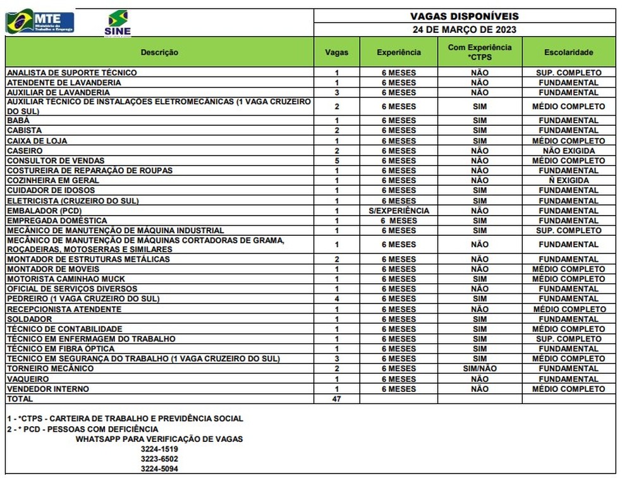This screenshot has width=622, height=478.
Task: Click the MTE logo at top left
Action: [39, 22]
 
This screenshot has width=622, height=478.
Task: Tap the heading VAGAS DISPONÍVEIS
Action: [465, 16]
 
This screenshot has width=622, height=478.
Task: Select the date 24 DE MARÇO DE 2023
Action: [465, 30]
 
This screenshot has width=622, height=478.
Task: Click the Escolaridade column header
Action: [568, 52]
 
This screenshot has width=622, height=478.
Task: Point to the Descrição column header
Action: [159, 52]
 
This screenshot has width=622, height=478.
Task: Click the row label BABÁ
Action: [19, 121]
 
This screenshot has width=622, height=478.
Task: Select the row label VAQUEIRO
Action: [28, 379]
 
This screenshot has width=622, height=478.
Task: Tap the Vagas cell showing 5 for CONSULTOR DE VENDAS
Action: [337, 161]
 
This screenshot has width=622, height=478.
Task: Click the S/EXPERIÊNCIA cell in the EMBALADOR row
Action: [398, 211]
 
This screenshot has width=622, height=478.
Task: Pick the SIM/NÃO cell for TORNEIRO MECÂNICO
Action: [479, 369]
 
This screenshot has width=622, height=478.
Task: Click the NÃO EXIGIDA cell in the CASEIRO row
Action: [568, 151]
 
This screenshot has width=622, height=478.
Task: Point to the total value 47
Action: [337, 399]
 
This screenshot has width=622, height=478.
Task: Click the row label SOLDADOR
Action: [28, 319]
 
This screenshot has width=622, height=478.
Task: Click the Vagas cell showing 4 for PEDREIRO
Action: [337, 298]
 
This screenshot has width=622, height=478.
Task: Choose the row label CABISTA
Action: [24, 131]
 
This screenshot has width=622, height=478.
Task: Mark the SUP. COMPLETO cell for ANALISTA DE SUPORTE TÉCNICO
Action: [568, 73]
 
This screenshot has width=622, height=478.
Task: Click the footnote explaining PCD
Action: [82, 429]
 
